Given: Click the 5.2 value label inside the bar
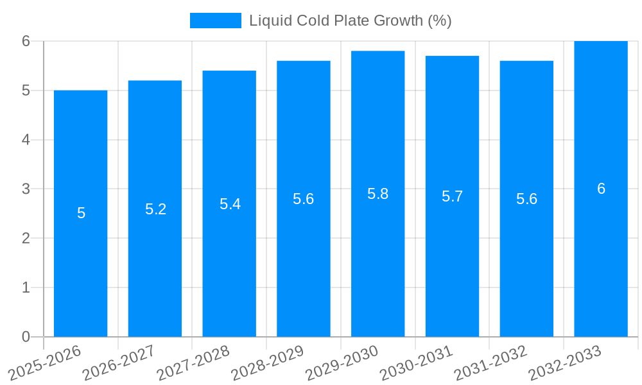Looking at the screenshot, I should (155, 209).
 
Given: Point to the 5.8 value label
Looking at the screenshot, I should (377, 194).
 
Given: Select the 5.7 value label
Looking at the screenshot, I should (452, 196).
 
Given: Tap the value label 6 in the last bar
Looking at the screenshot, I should (601, 189).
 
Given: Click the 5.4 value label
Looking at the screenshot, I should (230, 204).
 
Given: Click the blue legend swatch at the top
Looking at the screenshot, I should (215, 21).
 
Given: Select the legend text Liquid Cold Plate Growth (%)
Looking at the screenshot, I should (350, 21).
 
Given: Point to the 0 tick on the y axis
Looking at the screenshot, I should (26, 337).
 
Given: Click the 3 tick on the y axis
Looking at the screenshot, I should (26, 189).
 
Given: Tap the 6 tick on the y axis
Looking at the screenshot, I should (26, 41).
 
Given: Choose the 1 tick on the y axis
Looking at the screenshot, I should (26, 287).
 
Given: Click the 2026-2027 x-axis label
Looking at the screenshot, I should (119, 363).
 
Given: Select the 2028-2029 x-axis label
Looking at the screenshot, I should (268, 363).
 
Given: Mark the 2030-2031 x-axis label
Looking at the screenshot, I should (417, 363).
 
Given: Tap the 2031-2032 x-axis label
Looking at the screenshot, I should (491, 363).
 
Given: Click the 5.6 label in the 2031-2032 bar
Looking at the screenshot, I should (526, 199).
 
